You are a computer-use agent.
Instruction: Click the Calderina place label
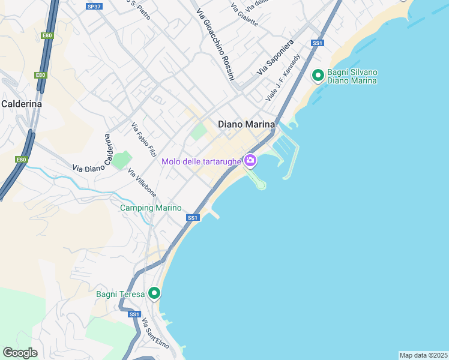22,104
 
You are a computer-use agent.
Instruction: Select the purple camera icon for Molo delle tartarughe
250,160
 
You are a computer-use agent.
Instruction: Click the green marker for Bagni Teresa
154,293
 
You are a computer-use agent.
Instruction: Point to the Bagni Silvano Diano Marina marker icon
318,76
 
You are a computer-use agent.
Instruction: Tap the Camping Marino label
151,208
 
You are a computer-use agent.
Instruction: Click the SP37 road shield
93,6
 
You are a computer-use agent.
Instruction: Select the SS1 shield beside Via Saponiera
318,43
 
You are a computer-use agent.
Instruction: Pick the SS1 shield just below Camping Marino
193,218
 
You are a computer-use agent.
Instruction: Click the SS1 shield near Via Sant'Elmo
133,314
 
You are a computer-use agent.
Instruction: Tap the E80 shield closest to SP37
47,36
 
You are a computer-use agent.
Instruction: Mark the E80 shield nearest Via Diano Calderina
22,160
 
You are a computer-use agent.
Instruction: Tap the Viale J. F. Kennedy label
283,78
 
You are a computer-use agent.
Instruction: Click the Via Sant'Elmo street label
155,334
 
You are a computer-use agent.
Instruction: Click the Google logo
20,353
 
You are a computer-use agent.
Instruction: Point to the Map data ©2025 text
423,355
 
